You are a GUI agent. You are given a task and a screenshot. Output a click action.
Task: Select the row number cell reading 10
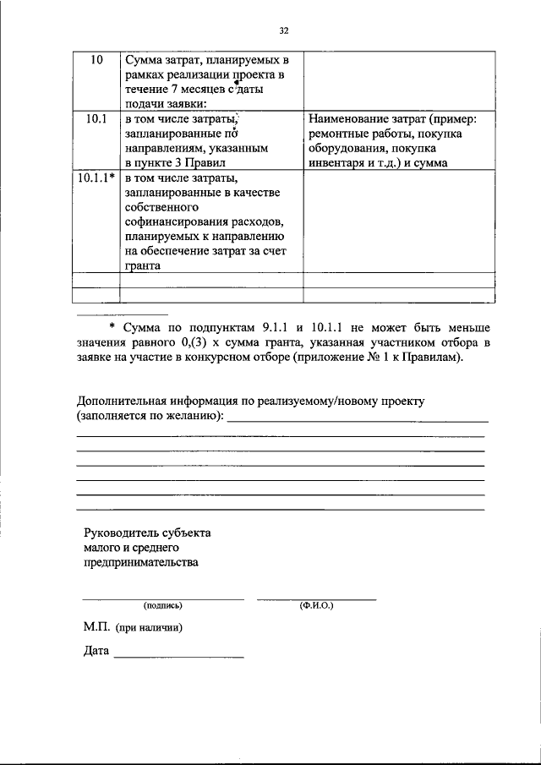click(96, 61)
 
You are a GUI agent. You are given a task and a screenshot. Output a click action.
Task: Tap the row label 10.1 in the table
click(96, 118)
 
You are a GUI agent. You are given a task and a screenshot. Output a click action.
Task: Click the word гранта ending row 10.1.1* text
click(142, 264)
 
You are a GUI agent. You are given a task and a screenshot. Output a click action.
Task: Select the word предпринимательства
click(141, 563)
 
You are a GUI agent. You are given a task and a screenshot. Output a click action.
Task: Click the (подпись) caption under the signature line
click(162, 606)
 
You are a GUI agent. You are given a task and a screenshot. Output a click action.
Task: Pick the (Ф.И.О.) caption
click(317, 606)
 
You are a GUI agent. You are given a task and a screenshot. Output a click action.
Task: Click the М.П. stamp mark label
click(98, 628)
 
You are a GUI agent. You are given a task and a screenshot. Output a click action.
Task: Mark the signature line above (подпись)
click(162, 598)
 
